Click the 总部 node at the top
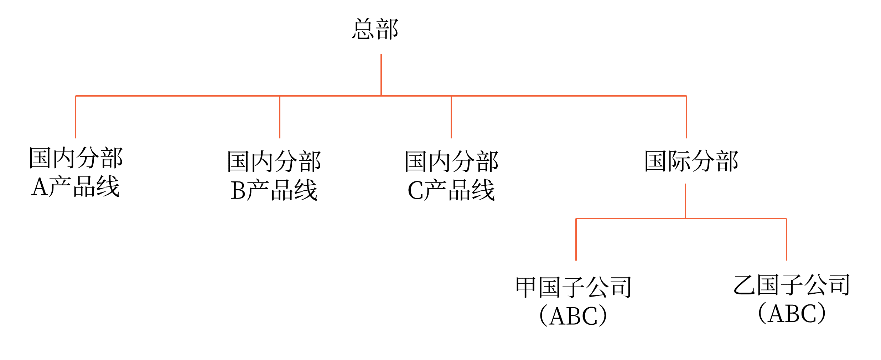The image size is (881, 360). click(x=375, y=29)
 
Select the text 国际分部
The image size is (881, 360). click(x=691, y=161)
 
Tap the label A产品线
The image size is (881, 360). click(x=76, y=186)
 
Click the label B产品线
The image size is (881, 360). click(x=274, y=190)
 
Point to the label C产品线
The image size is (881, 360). click(x=451, y=190)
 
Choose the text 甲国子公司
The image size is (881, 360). click(x=574, y=287)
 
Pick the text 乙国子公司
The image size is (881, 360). click(x=792, y=285)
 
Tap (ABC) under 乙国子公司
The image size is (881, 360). click(x=792, y=313)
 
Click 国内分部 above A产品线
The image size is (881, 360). click(x=76, y=158)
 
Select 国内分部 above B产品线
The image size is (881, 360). click(x=274, y=161)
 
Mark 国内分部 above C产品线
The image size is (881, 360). click(x=451, y=161)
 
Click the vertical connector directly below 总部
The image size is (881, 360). click(x=381, y=75)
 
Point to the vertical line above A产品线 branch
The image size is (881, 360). click(x=76, y=117)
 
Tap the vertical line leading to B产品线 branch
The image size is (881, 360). click(x=280, y=117)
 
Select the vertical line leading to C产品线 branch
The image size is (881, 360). click(x=451, y=117)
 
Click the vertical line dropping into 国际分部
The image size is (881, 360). click(x=686, y=117)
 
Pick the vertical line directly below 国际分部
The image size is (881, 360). click(x=685, y=201)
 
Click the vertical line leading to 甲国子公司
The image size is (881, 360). click(x=576, y=239)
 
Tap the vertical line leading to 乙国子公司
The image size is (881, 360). click(x=786, y=239)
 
